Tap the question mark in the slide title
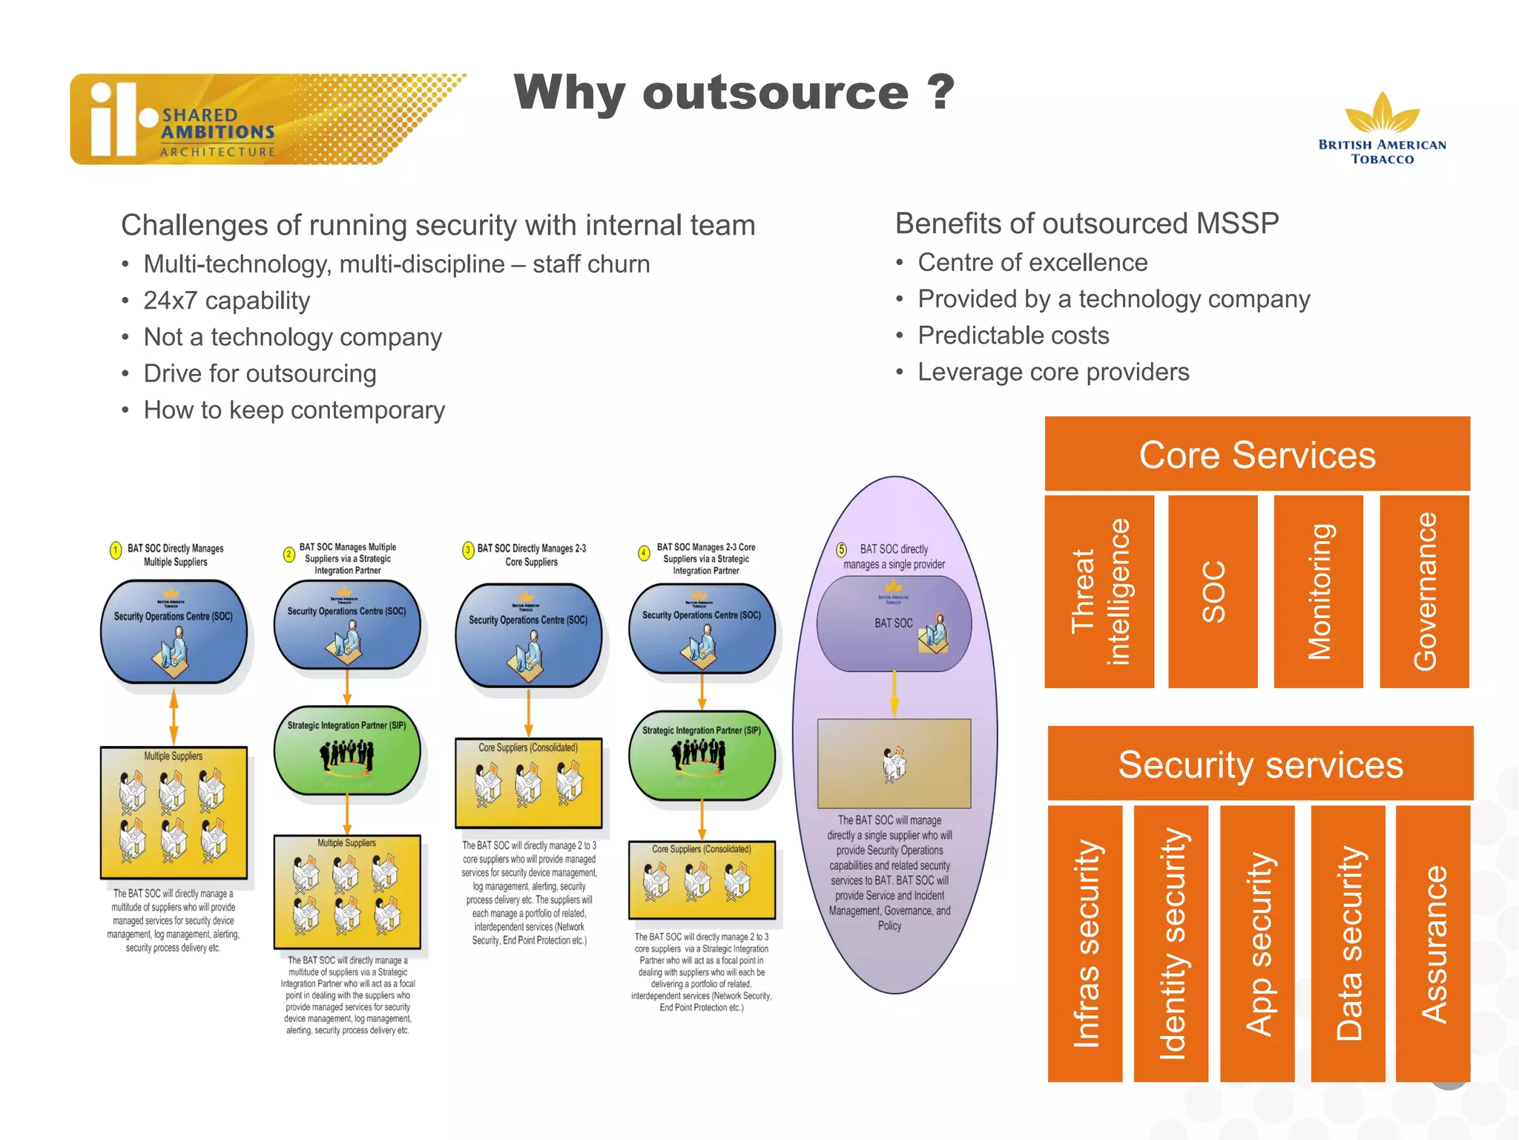click(x=940, y=92)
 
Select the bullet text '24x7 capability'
click(x=226, y=301)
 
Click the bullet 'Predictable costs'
click(x=1013, y=335)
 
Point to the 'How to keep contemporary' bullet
click(x=294, y=410)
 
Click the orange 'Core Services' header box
click(x=1257, y=454)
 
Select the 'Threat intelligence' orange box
click(x=1099, y=592)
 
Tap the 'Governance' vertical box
click(x=1424, y=592)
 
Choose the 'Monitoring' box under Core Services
click(x=1318, y=592)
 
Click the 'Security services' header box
click(x=1260, y=764)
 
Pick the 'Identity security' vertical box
click(x=1170, y=943)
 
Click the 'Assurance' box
click(x=1432, y=943)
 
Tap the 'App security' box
click(x=1257, y=943)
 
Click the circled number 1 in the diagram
click(x=116, y=550)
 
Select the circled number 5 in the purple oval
click(x=841, y=550)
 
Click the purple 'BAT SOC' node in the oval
click(x=894, y=624)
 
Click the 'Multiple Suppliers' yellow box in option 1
click(x=174, y=813)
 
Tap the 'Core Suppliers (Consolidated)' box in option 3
click(x=528, y=783)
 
